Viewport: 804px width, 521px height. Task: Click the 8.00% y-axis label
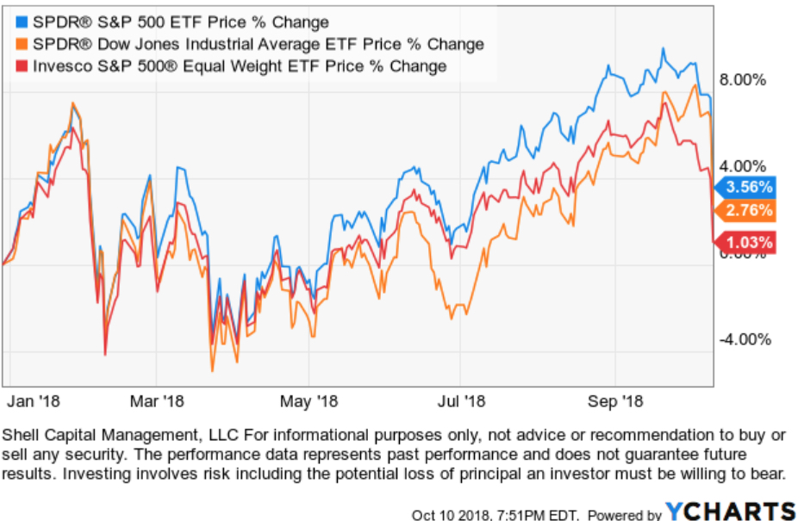[x=743, y=80]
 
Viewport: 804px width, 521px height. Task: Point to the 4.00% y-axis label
[x=743, y=166]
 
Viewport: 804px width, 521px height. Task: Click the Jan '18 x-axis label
[x=34, y=400]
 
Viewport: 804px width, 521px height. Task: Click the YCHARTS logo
[x=731, y=512]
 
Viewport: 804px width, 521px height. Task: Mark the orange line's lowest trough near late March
[x=212, y=370]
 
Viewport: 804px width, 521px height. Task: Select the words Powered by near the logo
[x=625, y=515]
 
